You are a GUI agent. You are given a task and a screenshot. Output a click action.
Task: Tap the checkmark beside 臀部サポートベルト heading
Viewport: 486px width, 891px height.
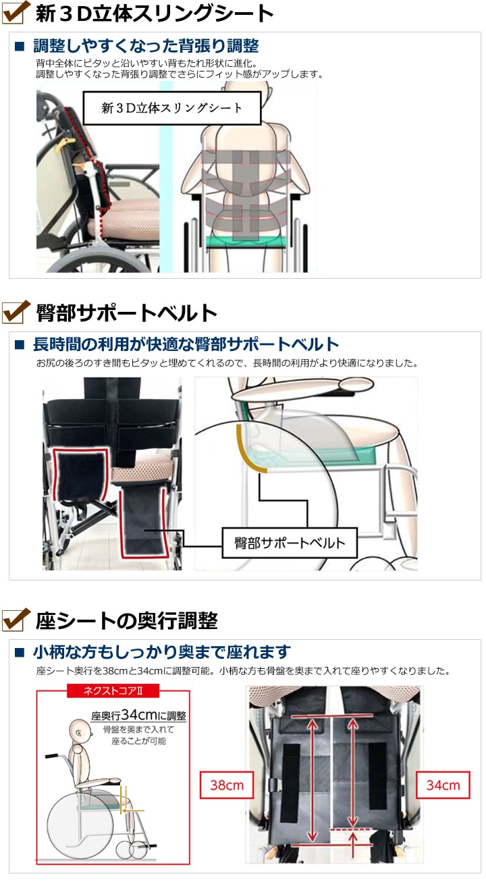point(16,312)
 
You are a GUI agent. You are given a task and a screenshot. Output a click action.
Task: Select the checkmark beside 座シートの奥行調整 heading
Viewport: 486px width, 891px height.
point(16,619)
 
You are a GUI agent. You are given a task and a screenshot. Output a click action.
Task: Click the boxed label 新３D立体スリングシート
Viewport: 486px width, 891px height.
point(171,107)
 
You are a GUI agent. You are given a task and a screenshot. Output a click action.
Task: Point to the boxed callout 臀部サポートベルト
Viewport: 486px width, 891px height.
point(290,542)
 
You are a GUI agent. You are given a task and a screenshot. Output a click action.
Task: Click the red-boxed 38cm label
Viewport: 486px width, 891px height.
point(226,785)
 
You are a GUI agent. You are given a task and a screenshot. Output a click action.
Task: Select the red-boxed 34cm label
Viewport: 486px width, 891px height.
point(443,785)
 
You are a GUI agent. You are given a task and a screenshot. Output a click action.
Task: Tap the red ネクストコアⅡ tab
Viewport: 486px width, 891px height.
point(113,691)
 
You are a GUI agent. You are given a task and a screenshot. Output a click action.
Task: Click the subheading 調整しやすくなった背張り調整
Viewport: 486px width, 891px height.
point(145,46)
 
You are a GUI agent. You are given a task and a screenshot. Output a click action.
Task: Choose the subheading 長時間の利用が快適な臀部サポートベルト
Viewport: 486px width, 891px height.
point(186,344)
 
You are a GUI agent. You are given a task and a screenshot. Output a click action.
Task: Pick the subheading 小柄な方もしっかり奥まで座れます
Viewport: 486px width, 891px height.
point(161,652)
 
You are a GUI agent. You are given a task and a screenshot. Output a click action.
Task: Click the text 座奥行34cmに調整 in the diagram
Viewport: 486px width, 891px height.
point(138,715)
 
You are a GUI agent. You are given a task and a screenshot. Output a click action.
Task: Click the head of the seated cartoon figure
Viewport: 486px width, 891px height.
point(78,730)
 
